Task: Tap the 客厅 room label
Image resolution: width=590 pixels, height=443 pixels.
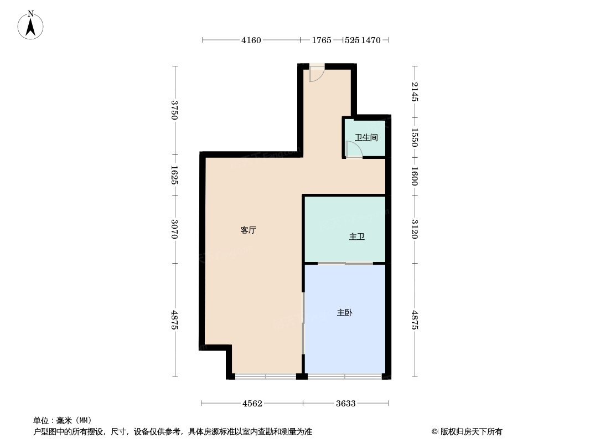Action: coord(248,230)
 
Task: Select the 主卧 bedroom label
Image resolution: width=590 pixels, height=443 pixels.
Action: coord(344,313)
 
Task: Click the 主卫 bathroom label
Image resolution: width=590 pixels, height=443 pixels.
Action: coord(356,237)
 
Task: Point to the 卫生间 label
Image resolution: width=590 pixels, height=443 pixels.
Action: coord(366,137)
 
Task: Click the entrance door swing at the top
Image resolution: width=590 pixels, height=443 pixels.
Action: coord(316,74)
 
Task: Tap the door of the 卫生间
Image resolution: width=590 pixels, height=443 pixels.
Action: coord(352,150)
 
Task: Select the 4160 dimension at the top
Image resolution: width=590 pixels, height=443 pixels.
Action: coord(251,40)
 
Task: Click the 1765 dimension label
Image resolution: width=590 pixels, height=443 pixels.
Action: coord(321,40)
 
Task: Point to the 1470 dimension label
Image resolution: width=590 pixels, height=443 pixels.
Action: coord(371,40)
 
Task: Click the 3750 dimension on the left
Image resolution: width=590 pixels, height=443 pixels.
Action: coord(175,110)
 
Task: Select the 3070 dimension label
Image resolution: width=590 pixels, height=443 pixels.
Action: coord(175,229)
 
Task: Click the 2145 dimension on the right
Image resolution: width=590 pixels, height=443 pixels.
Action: coord(415,91)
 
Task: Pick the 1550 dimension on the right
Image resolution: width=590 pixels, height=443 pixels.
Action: coord(415,137)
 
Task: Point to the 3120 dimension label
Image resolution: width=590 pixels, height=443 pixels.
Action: coord(415,229)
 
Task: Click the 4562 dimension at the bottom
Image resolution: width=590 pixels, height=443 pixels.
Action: coord(252,403)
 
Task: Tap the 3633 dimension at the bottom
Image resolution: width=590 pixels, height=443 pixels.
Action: coord(345,403)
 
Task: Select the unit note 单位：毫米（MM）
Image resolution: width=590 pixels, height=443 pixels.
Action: coord(63,420)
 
